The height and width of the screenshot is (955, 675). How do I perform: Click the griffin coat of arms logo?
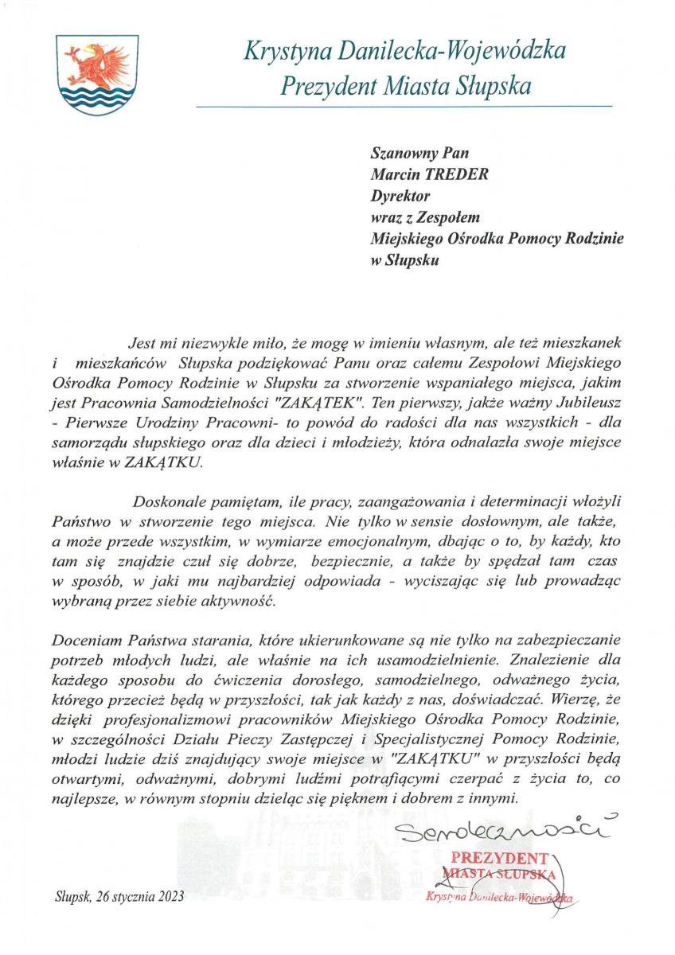point(88,74)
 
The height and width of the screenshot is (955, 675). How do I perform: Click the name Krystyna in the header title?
point(283,53)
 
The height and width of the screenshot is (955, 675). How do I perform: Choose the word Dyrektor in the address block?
point(400,194)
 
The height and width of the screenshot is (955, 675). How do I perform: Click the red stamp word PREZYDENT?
point(499,859)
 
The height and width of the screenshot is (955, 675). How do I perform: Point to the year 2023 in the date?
point(170,896)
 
